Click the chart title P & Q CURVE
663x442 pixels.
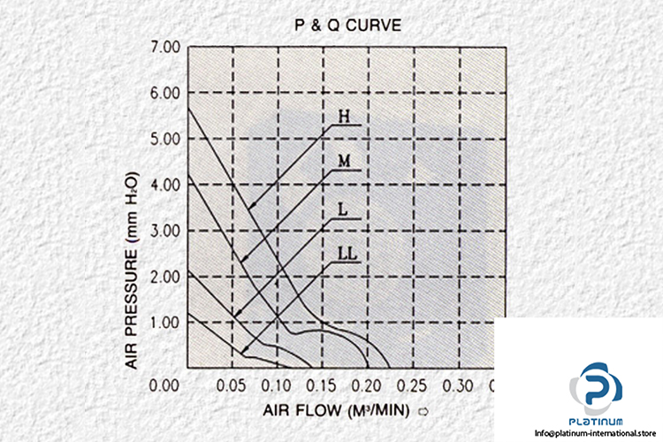[347, 26]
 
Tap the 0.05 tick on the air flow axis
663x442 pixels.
[231, 385]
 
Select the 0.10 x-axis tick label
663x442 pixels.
[277, 385]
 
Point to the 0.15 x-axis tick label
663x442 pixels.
[323, 385]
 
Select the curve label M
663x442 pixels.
[346, 162]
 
